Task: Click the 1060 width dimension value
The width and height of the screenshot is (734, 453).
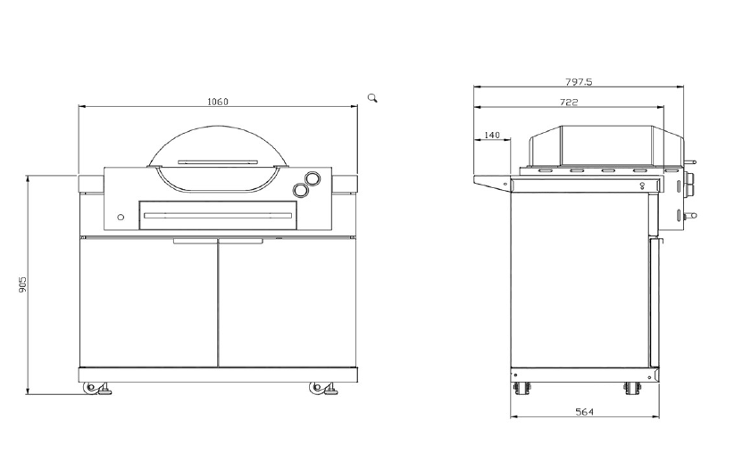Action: coord(218,102)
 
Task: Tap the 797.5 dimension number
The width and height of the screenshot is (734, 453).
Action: coord(579,82)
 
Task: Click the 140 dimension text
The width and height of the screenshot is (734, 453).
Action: coord(491,136)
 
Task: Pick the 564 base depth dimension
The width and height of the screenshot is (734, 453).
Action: coord(585,412)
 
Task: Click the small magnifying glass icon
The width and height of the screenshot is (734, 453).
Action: coord(372,98)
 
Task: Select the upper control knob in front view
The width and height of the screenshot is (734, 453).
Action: coord(313,177)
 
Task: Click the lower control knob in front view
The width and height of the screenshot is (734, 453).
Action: coord(300,189)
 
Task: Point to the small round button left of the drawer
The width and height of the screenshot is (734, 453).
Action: coord(121,217)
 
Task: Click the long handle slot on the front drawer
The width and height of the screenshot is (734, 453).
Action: coord(219,216)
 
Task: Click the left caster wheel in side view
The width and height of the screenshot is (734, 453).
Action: coord(521,389)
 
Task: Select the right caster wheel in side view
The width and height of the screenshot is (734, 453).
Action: coord(632,389)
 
